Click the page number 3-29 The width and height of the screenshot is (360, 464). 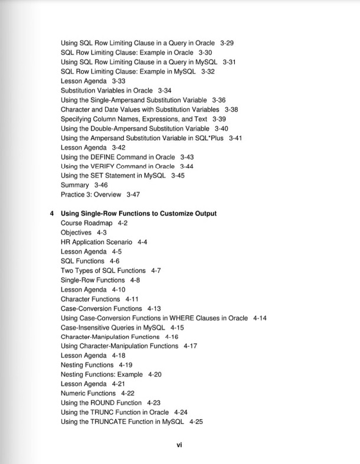228,43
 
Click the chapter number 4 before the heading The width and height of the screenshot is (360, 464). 52,213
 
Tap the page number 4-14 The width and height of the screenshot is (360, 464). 260,318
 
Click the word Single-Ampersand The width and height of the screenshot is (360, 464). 148,100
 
